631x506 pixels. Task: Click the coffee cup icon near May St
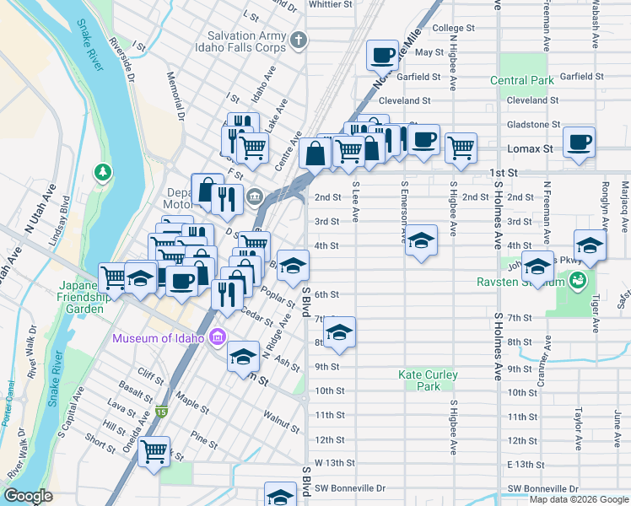(x=382, y=56)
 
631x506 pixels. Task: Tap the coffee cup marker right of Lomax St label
(x=579, y=142)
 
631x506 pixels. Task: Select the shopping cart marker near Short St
(x=154, y=452)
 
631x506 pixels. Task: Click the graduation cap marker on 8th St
(x=339, y=332)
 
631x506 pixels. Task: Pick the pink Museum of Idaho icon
(x=217, y=338)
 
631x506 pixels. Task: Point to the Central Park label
(x=522, y=81)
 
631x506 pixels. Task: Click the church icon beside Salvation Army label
(x=298, y=40)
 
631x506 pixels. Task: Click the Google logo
(x=28, y=496)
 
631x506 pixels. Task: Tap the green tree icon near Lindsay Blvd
(x=103, y=172)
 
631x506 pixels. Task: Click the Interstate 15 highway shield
(x=162, y=412)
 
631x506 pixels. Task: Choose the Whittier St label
(x=330, y=4)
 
